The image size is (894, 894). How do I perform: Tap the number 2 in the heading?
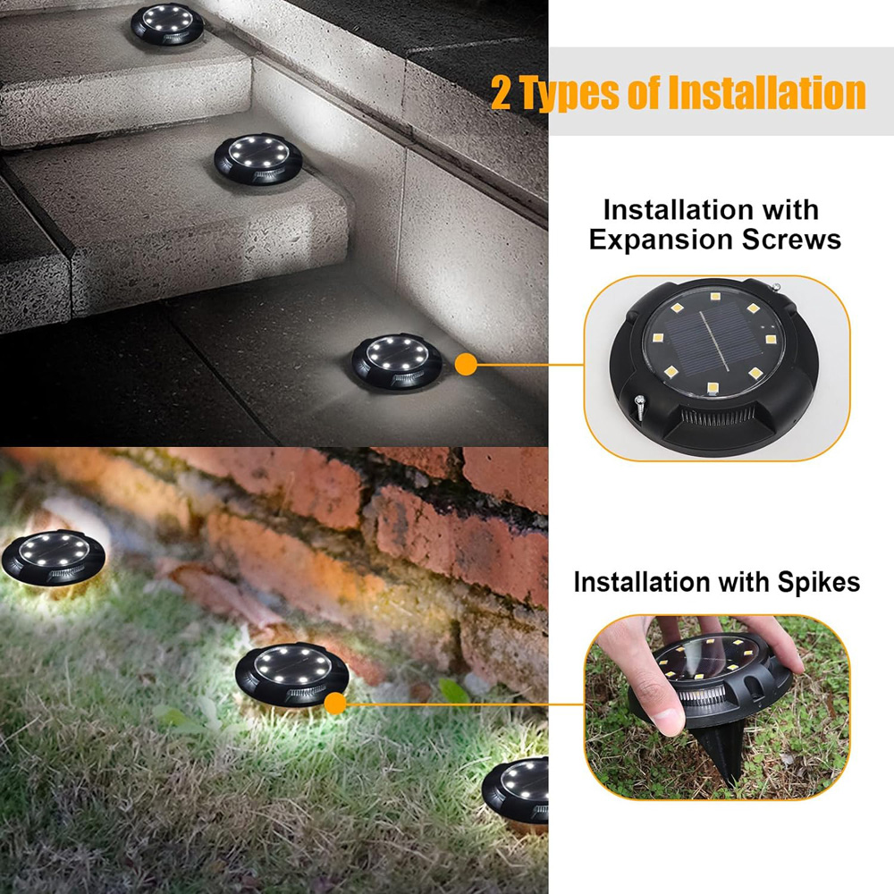(x=502, y=94)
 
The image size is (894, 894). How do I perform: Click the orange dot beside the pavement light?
(x=465, y=364)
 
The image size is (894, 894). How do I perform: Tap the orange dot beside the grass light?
(x=335, y=703)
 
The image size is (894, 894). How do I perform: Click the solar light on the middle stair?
(x=257, y=157)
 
